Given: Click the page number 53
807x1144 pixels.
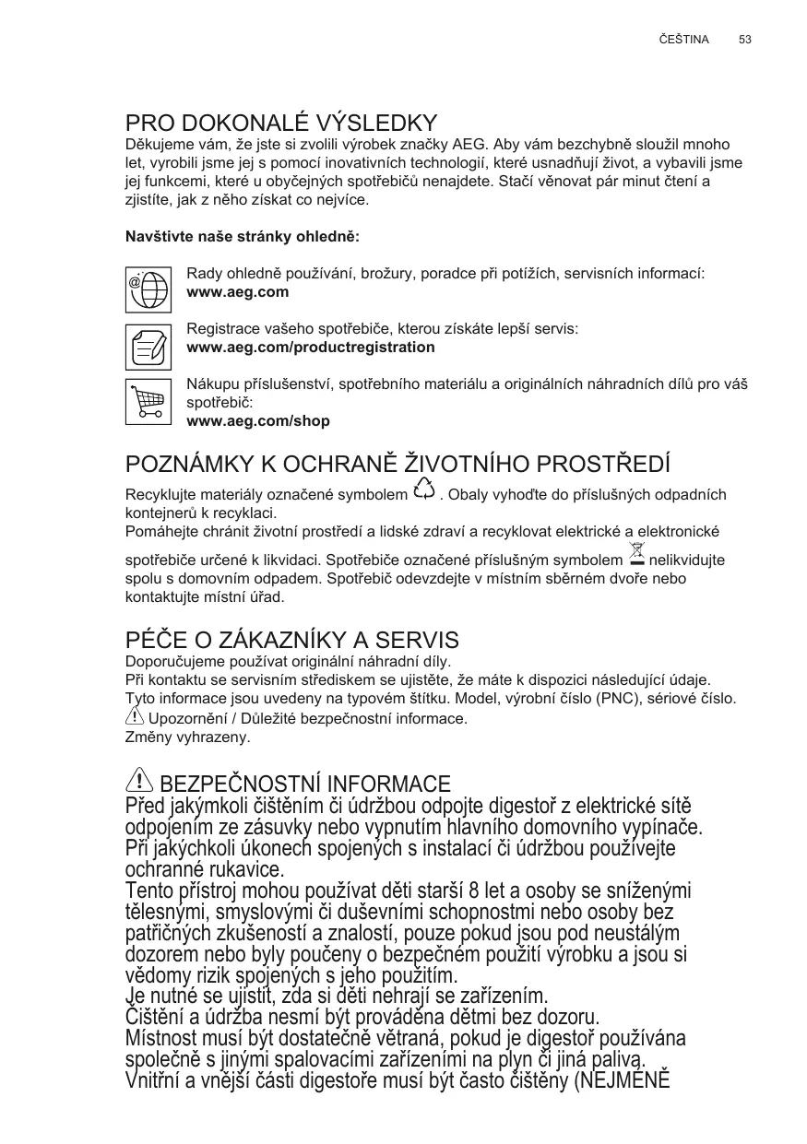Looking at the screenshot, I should coord(745,40).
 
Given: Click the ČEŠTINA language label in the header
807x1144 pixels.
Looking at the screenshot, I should coord(684,40).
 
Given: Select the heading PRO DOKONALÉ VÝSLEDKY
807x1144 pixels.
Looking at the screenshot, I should coord(281,124).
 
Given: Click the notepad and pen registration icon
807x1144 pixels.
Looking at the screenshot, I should coord(148,347).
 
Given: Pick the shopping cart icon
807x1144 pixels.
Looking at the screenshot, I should coord(148,402).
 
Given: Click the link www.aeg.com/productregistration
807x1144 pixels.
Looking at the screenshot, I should coord(311,348).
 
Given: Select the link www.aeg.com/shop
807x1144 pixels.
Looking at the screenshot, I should coord(258,421).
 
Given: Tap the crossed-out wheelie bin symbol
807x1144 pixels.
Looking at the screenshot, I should coord(635,556).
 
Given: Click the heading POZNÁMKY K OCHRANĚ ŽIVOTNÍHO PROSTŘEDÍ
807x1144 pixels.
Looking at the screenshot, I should coord(398,463).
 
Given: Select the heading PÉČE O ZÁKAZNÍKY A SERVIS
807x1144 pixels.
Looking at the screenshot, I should coord(291,641).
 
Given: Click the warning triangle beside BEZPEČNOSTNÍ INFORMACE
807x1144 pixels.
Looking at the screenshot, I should coord(139,781).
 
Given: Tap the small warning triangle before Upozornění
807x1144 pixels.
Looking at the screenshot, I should coord(135,715).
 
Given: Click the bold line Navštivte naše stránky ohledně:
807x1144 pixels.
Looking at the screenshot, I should coord(242,237).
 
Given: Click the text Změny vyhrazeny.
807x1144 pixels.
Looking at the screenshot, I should coord(187,737).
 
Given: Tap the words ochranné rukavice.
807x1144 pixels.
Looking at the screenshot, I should coord(204,869).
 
